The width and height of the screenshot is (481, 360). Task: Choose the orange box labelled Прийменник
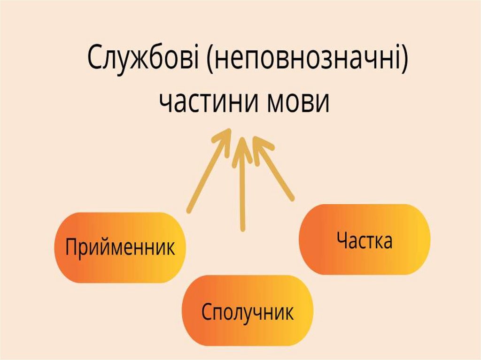[120, 247]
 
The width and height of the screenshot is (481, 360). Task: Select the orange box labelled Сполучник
[248, 311]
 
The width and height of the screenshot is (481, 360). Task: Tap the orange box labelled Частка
[365, 239]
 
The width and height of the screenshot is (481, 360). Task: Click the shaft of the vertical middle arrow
[242, 192]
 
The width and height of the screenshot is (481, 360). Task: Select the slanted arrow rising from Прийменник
[207, 174]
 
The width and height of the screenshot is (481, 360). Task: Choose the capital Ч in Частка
[342, 240]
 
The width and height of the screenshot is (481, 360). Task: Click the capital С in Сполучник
[207, 311]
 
